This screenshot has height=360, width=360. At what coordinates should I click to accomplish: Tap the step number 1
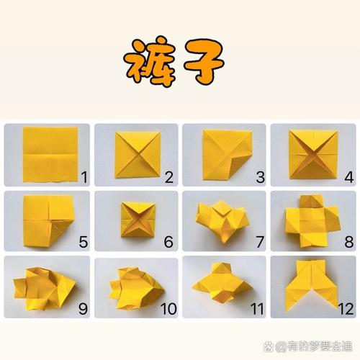tap(84, 175)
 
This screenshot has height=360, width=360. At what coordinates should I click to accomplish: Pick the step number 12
tap(345, 310)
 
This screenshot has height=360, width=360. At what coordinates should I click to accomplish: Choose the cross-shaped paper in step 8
tap(310, 220)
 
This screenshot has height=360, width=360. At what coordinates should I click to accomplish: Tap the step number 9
tap(84, 309)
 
